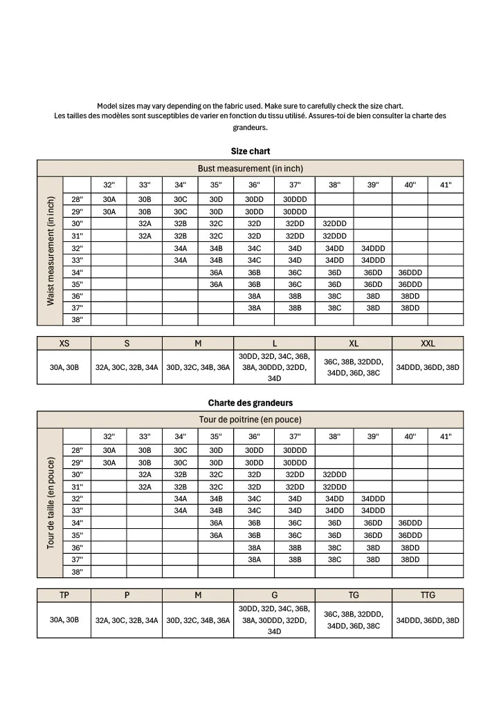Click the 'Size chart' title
pyautogui.click(x=250, y=151)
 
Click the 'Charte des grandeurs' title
pyautogui.click(x=250, y=402)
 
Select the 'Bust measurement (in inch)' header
pyautogui.click(x=250, y=169)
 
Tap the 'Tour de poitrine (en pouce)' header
pyautogui.click(x=250, y=420)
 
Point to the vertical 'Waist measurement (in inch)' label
pyautogui.click(x=51, y=251)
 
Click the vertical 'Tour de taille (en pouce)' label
pyautogui.click(x=51, y=503)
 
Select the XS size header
pyautogui.click(x=64, y=344)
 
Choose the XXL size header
pyautogui.click(x=428, y=344)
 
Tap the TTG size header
pyautogui.click(x=428, y=595)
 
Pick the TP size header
pyautogui.click(x=64, y=595)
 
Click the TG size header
pyautogui.click(x=354, y=595)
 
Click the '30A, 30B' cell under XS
pyautogui.click(x=64, y=368)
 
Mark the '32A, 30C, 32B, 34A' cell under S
pyautogui.click(x=127, y=368)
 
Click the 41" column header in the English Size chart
pyautogui.click(x=446, y=185)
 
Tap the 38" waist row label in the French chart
pyautogui.click(x=77, y=572)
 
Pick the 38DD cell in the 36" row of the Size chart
pyautogui.click(x=410, y=296)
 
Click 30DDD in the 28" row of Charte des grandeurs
pyautogui.click(x=295, y=450)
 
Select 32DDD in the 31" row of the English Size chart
pyautogui.click(x=335, y=236)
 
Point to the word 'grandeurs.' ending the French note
pyautogui.click(x=250, y=127)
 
